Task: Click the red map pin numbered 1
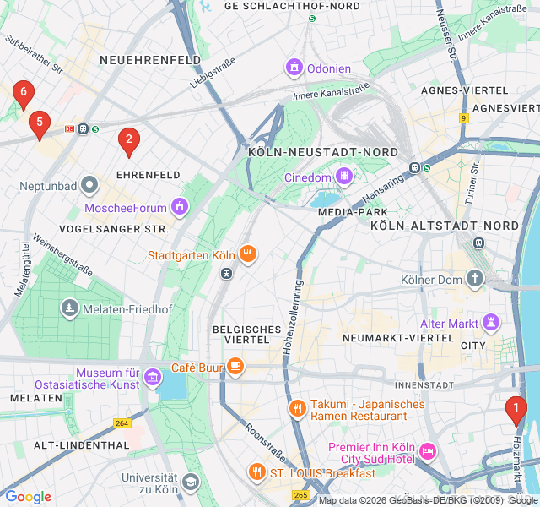(x=516, y=410)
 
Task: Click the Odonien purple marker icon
(x=294, y=67)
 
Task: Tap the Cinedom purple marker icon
(x=344, y=177)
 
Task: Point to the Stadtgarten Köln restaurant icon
(x=247, y=254)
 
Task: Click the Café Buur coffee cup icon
(x=235, y=366)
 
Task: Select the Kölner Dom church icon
(x=476, y=280)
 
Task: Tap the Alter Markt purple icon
(x=491, y=323)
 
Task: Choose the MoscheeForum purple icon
(x=179, y=206)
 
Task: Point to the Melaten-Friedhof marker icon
(x=69, y=309)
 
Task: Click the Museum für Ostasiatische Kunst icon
(x=152, y=376)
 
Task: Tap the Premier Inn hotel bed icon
(x=427, y=450)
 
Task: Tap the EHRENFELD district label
(x=148, y=175)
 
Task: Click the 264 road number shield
(x=121, y=423)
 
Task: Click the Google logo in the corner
(x=28, y=497)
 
